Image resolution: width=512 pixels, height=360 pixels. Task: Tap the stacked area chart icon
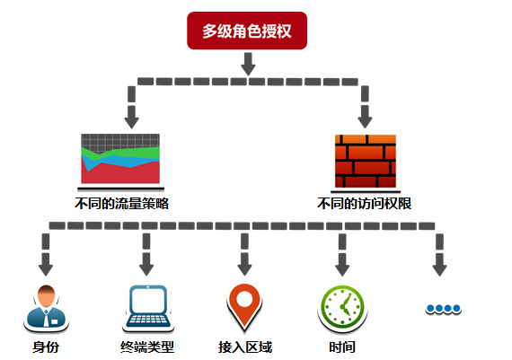click(120, 159)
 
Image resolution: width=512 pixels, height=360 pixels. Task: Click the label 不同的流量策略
click(122, 204)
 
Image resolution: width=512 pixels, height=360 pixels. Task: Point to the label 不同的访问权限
click(365, 204)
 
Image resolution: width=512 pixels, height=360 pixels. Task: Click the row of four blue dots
click(443, 309)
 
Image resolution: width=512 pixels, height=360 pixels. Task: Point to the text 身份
click(45, 347)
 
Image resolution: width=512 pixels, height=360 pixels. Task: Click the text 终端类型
click(146, 347)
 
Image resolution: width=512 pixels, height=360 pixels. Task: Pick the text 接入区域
click(244, 347)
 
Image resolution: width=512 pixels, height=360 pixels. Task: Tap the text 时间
click(342, 347)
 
